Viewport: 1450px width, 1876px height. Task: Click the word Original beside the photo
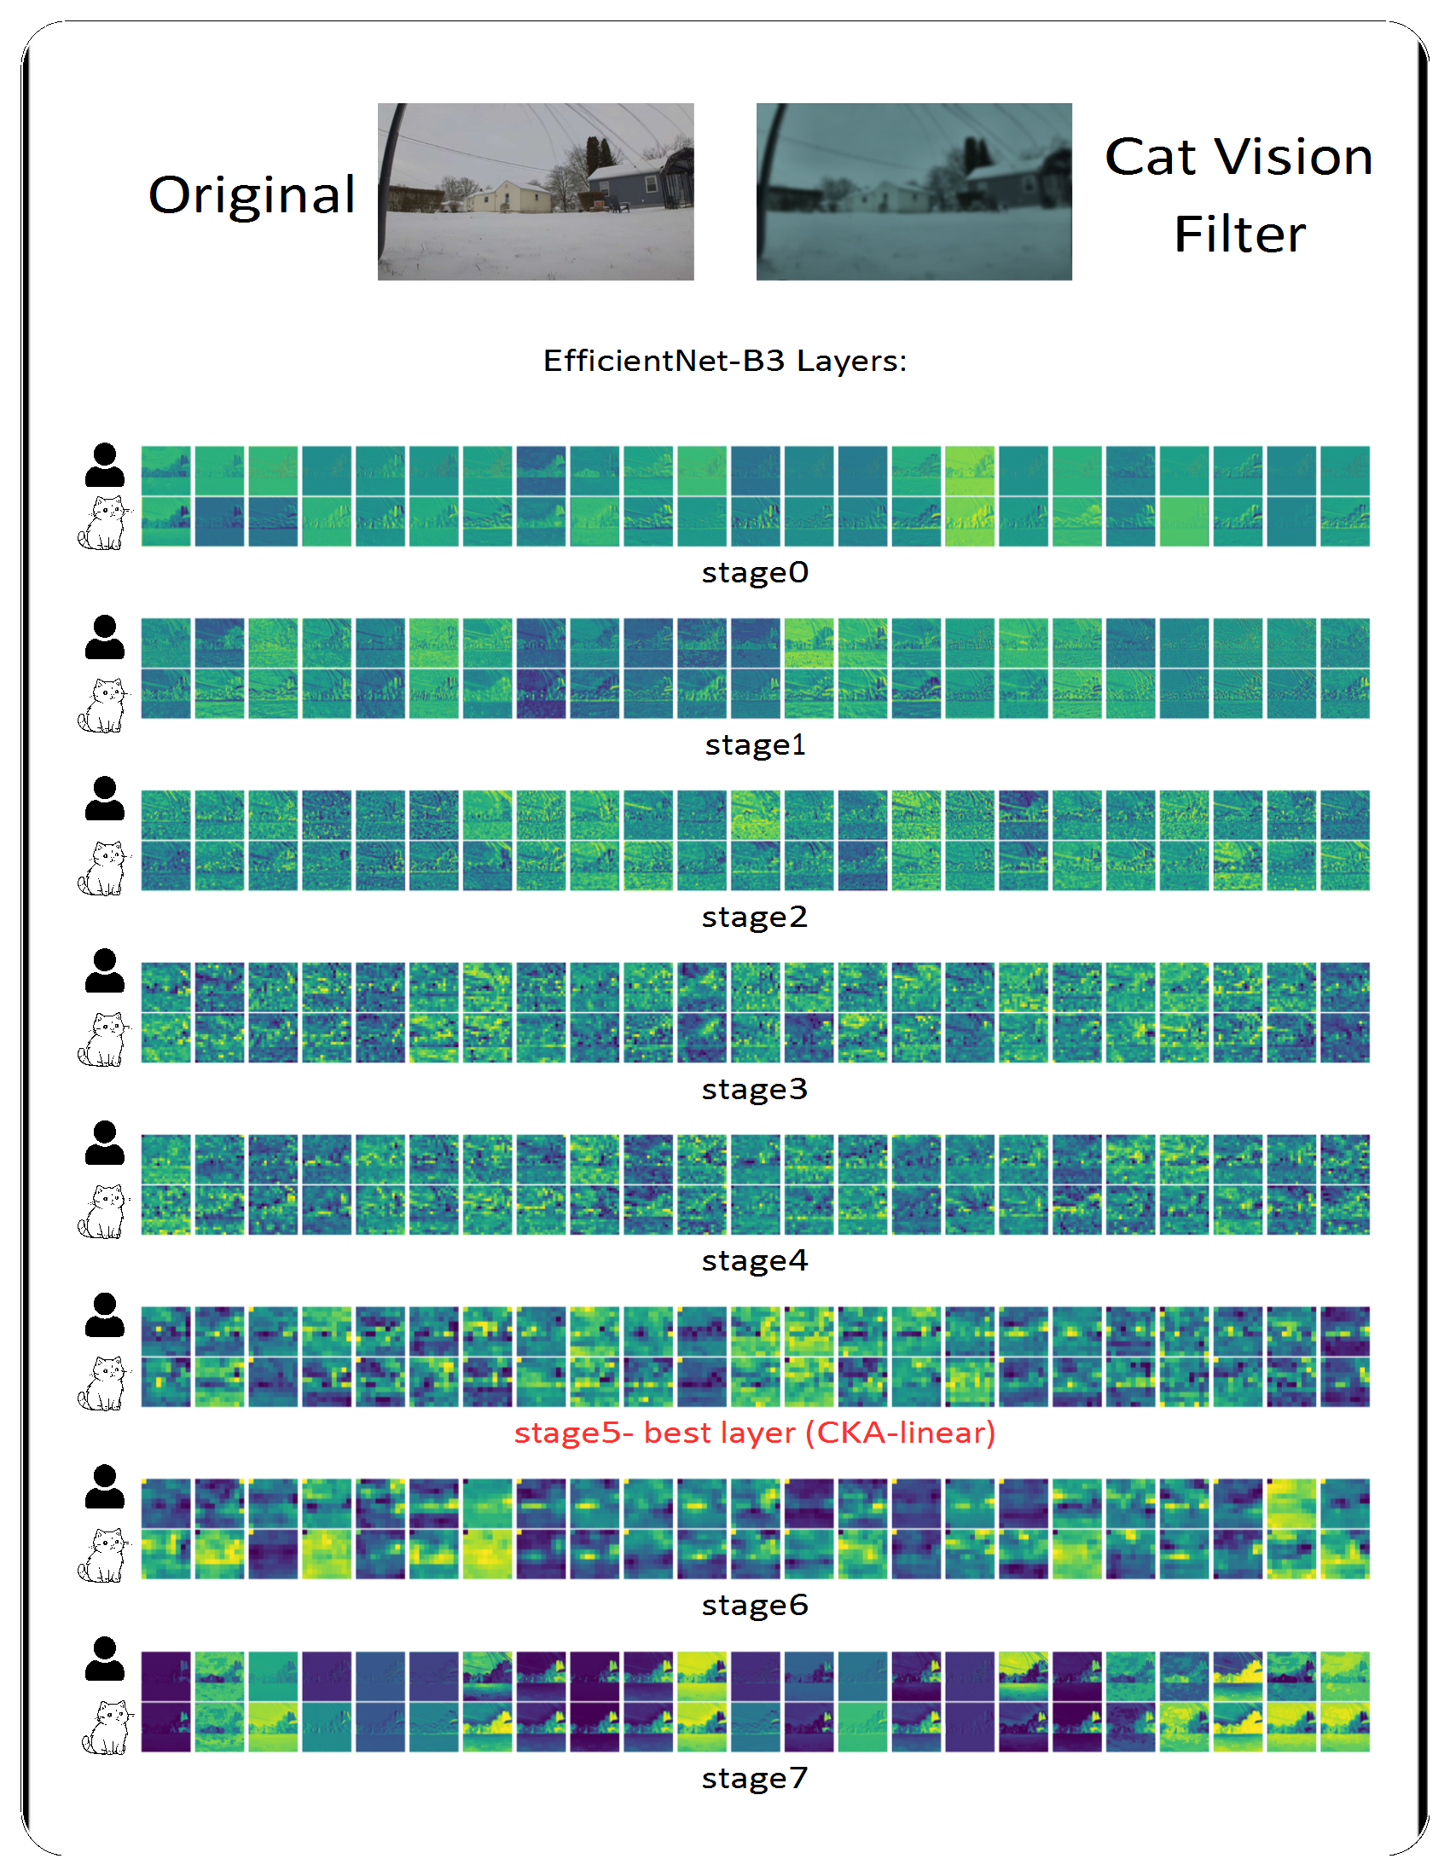pyautogui.click(x=252, y=195)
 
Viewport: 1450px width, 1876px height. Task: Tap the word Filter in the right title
pyautogui.click(x=1238, y=234)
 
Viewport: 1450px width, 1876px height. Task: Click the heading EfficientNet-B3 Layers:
pyautogui.click(x=724, y=361)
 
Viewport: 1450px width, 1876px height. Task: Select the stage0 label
pyautogui.click(x=754, y=572)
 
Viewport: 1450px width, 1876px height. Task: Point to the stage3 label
pyautogui.click(x=754, y=1089)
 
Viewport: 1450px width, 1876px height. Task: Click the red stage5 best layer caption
pyautogui.click(x=754, y=1433)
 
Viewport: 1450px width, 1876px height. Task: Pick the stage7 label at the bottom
pyautogui.click(x=754, y=1778)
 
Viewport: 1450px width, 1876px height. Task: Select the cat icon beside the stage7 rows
pyautogui.click(x=107, y=1728)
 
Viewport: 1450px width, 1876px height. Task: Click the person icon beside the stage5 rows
pyautogui.click(x=105, y=1315)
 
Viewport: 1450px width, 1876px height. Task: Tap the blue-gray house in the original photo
pyautogui.click(x=624, y=182)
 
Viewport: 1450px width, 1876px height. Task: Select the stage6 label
pyautogui.click(x=754, y=1605)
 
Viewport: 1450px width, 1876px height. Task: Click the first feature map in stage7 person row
pyautogui.click(x=165, y=1675)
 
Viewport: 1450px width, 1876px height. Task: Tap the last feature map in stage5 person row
pyautogui.click(x=1344, y=1331)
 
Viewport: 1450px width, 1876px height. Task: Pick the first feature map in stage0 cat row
pyautogui.click(x=165, y=521)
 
